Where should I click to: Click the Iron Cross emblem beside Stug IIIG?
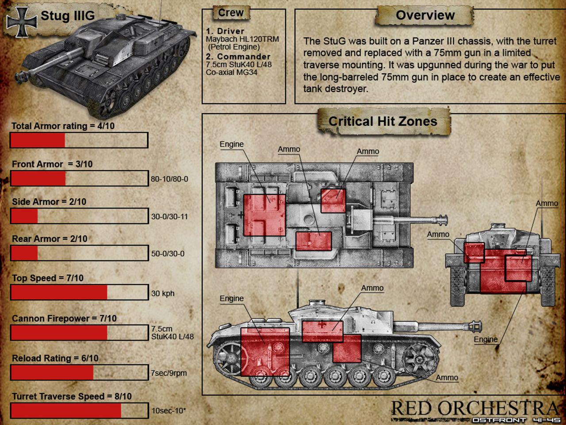pyautogui.click(x=22, y=22)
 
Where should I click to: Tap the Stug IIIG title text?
pyautogui.click(x=68, y=16)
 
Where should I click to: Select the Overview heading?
pyautogui.click(x=425, y=15)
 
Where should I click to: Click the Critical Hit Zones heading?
pyautogui.click(x=382, y=121)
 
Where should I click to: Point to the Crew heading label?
pyautogui.click(x=231, y=13)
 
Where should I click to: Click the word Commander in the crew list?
pyautogui.click(x=244, y=57)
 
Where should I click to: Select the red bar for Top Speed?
pyautogui.click(x=59, y=292)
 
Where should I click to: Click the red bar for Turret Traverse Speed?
pyautogui.click(x=66, y=410)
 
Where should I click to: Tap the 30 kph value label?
pyautogui.click(x=163, y=294)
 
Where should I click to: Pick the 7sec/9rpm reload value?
pyautogui.click(x=169, y=373)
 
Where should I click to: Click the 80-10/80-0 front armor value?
pyautogui.click(x=169, y=179)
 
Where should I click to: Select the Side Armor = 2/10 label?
pyautogui.click(x=49, y=202)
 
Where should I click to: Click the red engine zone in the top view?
pyautogui.click(x=264, y=215)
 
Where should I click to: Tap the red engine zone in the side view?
pyautogui.click(x=265, y=352)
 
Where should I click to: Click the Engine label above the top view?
pyautogui.click(x=232, y=144)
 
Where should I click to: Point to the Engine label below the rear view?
pyautogui.click(x=486, y=339)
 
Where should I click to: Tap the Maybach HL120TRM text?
pyautogui.click(x=242, y=39)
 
